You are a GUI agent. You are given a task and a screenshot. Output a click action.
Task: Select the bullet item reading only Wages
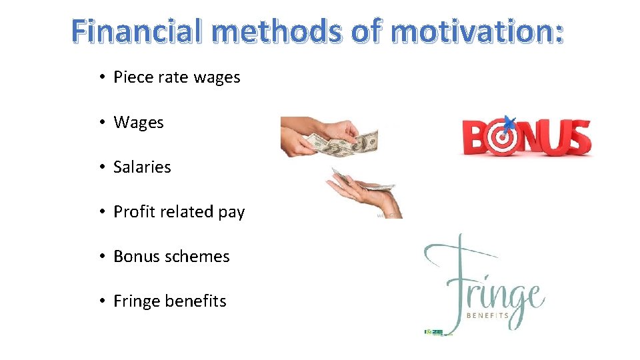[x=139, y=123]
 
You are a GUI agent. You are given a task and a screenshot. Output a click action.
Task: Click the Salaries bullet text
[x=142, y=167]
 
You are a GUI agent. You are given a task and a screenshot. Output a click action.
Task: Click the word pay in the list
[x=231, y=213]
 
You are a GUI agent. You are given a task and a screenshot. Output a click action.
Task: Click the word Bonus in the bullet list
[x=136, y=257]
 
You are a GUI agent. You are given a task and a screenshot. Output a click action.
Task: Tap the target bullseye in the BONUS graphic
[x=505, y=137]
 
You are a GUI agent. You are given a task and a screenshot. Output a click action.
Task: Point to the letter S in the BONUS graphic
[x=577, y=137]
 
